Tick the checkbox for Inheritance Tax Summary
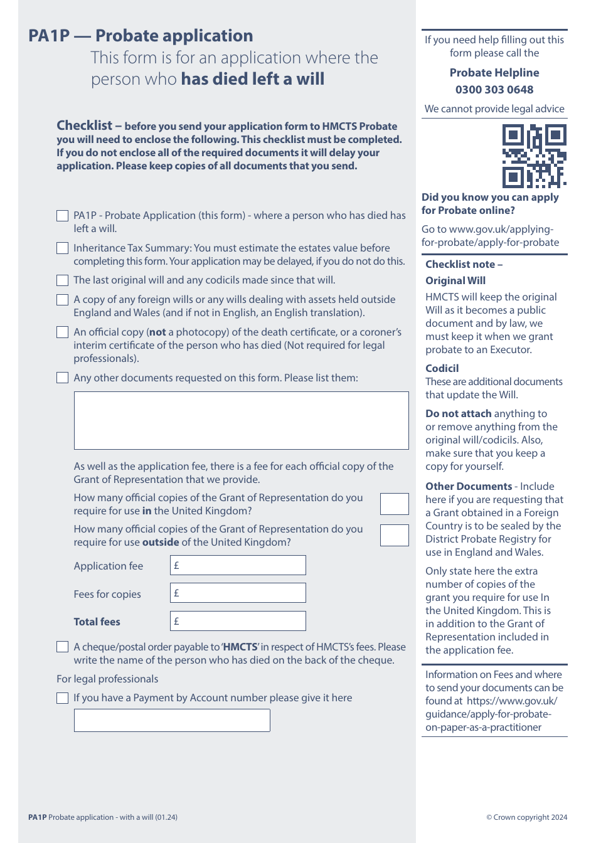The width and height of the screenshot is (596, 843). pyautogui.click(x=63, y=248)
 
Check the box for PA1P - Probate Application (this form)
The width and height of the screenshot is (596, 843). pyautogui.click(x=63, y=216)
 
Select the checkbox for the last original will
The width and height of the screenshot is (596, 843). pyautogui.click(x=63, y=280)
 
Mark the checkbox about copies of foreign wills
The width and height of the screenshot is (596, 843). pyautogui.click(x=63, y=300)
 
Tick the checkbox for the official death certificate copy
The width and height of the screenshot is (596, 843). pyautogui.click(x=63, y=332)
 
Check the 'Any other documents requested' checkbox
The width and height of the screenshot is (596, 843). pyautogui.click(x=63, y=378)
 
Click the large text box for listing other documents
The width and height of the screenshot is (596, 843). pyautogui.click(x=241, y=420)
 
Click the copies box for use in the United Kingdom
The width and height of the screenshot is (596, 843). pyautogui.click(x=394, y=504)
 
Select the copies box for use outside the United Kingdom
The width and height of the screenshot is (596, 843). pyautogui.click(x=394, y=535)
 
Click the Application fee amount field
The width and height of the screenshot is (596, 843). pyautogui.click(x=238, y=565)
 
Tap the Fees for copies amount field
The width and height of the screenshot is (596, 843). pyautogui.click(x=238, y=593)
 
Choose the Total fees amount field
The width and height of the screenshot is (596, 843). pyautogui.click(x=238, y=621)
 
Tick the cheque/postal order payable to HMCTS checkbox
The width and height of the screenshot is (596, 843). pyautogui.click(x=63, y=647)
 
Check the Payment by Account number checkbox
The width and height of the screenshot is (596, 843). pyautogui.click(x=63, y=698)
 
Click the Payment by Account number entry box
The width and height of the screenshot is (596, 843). pyautogui.click(x=172, y=720)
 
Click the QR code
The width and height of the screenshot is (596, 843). pyautogui.click(x=534, y=156)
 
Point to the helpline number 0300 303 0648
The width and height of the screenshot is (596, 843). pyautogui.click(x=494, y=90)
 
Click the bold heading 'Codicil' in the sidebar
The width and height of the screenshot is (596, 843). pyautogui.click(x=442, y=368)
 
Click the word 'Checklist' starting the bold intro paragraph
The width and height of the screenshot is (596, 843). pyautogui.click(x=85, y=125)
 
